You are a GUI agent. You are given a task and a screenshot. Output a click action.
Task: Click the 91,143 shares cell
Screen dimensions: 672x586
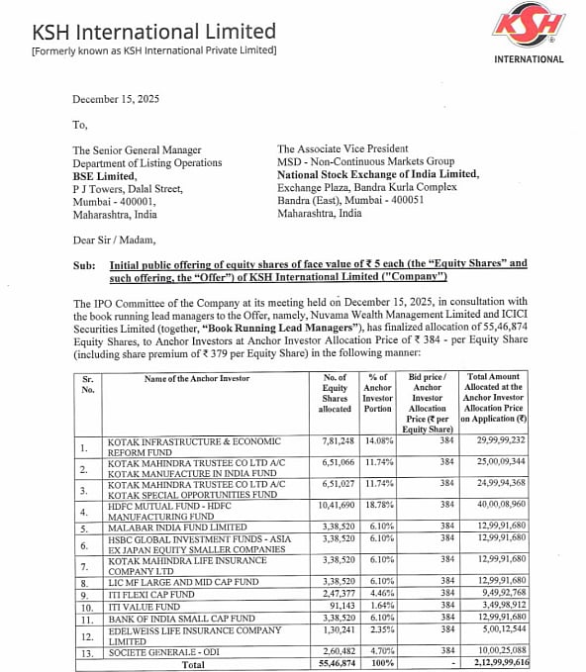point(341,605)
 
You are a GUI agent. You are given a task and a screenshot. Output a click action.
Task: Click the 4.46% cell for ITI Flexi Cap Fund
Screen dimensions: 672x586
point(379,592)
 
